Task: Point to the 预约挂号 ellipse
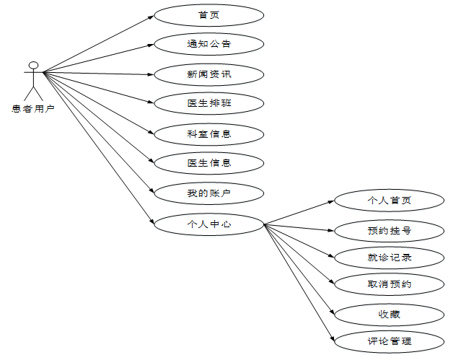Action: pos(389,231)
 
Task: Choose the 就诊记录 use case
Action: pos(389,258)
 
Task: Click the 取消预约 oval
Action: pos(389,284)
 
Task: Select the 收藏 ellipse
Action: pos(389,314)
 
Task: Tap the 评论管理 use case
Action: pos(389,341)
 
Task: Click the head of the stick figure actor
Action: pos(32,66)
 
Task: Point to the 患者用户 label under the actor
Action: pos(33,109)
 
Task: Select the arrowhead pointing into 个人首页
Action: pos(333,202)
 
